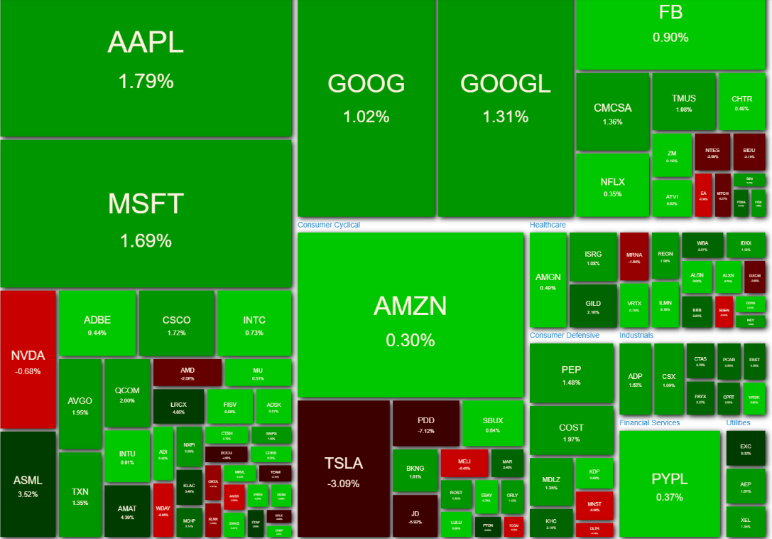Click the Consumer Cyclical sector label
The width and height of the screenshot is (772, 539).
329,225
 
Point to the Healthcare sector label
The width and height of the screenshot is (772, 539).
548,225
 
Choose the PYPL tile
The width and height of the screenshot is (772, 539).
669,485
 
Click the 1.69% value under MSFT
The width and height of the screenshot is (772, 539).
146,241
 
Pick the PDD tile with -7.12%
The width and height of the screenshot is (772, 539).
425,425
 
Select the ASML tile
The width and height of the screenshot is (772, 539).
28,485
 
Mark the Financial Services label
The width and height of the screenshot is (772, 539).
649,422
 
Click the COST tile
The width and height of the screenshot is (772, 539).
571,431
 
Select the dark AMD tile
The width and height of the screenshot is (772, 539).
187,373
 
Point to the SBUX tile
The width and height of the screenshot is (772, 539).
492,424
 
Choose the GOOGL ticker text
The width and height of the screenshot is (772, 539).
505,84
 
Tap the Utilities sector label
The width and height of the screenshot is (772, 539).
738,422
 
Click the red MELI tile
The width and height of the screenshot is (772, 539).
464,463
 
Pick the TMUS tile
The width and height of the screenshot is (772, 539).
683,102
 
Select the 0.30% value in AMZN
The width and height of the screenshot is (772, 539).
410,341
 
